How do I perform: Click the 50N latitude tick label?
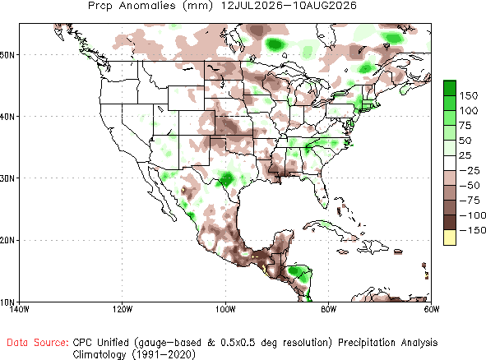click(x=7, y=55)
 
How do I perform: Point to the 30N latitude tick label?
click(x=7, y=178)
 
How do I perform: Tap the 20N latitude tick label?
click(x=7, y=241)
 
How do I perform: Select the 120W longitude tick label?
click(x=123, y=309)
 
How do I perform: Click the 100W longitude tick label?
click(x=225, y=309)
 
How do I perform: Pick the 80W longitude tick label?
click(x=329, y=309)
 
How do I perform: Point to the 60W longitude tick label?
click(x=432, y=309)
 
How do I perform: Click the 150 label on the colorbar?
click(x=469, y=95)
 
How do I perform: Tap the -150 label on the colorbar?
click(x=472, y=230)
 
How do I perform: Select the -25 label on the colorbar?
click(x=470, y=170)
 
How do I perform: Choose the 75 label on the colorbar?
click(x=465, y=126)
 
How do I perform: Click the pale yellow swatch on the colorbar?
click(x=450, y=238)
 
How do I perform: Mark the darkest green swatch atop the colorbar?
click(x=450, y=88)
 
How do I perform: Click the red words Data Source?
click(x=38, y=343)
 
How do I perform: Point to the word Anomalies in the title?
click(x=147, y=6)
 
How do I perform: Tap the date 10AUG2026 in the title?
click(x=325, y=6)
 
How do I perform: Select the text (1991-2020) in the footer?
click(x=164, y=354)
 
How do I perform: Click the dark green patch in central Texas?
click(x=227, y=178)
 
